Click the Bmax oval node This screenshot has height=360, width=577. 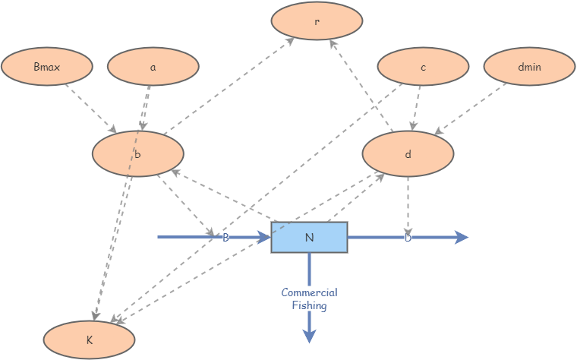click(x=47, y=67)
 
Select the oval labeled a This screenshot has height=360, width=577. click(x=153, y=67)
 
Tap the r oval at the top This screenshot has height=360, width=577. click(x=317, y=21)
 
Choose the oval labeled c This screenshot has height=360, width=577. click(x=423, y=67)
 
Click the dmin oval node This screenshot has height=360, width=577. click(x=529, y=67)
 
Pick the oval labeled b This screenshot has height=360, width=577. click(x=137, y=154)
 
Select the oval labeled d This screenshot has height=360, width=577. click(x=408, y=154)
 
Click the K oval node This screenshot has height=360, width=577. click(x=89, y=339)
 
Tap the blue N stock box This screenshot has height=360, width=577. click(x=309, y=237)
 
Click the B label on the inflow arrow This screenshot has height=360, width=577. click(x=225, y=238)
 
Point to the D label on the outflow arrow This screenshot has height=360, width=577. click(x=408, y=238)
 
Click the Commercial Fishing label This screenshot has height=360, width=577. click(x=309, y=298)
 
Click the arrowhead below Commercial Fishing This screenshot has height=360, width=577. click(x=309, y=336)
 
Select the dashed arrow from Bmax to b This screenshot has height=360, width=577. click(x=90, y=106)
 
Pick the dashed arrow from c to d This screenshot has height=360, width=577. click(x=416, y=106)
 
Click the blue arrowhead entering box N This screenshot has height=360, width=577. click(x=264, y=238)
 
